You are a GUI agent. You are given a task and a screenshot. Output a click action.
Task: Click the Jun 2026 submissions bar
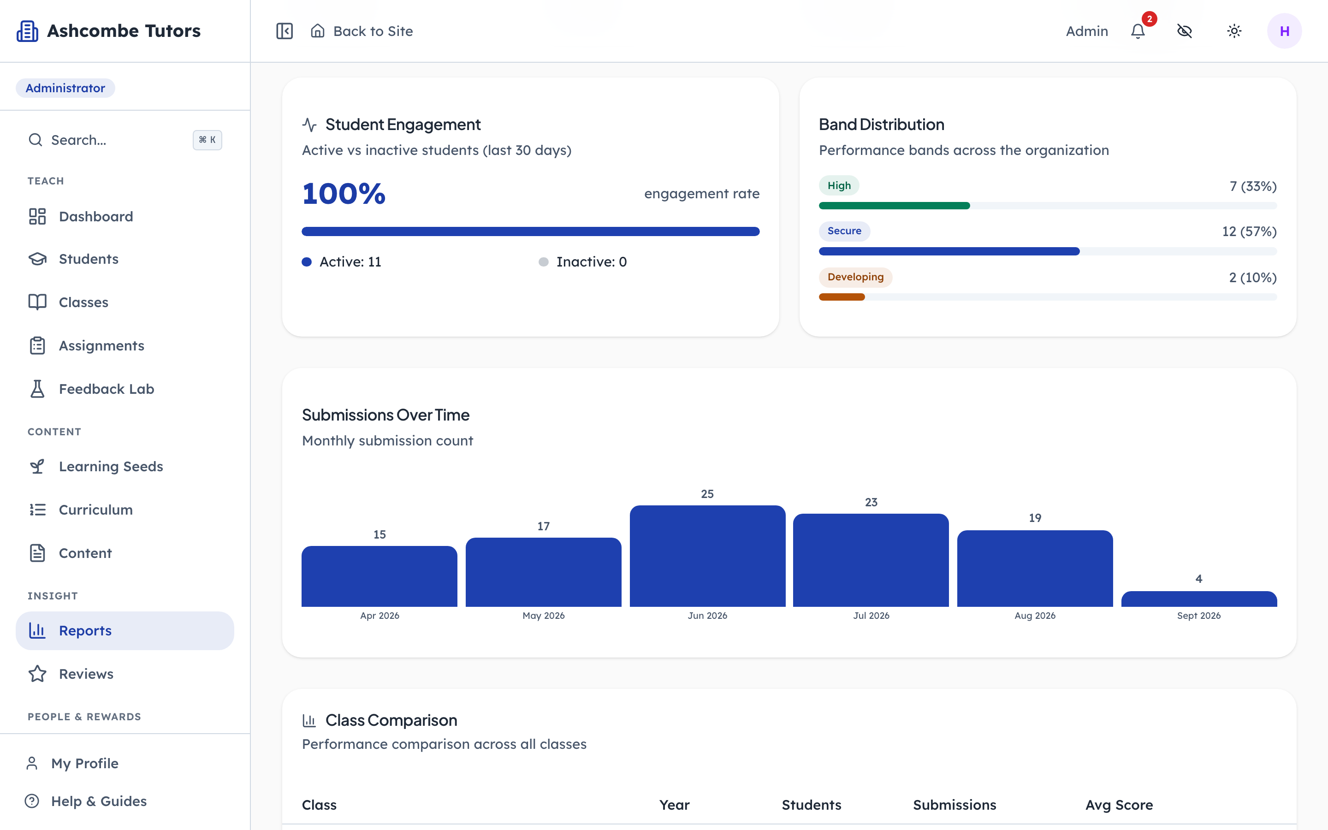click(707, 556)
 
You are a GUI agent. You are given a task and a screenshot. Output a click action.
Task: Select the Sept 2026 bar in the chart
click(1199, 599)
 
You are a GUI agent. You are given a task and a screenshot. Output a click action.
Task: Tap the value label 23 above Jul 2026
click(871, 502)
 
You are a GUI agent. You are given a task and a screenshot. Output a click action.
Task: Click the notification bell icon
click(1138, 31)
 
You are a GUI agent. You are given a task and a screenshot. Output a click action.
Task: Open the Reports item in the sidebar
click(125, 631)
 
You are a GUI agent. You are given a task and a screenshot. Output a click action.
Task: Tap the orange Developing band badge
click(855, 277)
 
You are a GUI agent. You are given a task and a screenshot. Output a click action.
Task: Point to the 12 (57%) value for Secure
click(1249, 231)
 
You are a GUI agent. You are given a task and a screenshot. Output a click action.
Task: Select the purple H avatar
click(1284, 31)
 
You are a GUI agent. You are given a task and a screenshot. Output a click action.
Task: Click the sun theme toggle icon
click(1234, 31)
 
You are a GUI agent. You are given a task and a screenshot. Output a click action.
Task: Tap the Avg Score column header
click(1119, 805)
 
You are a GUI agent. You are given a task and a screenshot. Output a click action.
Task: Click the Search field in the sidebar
click(125, 140)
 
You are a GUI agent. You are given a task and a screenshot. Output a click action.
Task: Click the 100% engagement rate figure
click(344, 194)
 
